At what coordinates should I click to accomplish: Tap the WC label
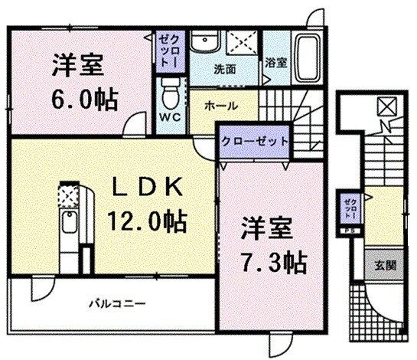(x=170, y=118)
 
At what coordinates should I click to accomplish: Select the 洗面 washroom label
(x=224, y=68)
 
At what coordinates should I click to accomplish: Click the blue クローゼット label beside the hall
(x=256, y=142)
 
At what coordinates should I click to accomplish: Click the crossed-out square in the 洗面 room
(x=243, y=44)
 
